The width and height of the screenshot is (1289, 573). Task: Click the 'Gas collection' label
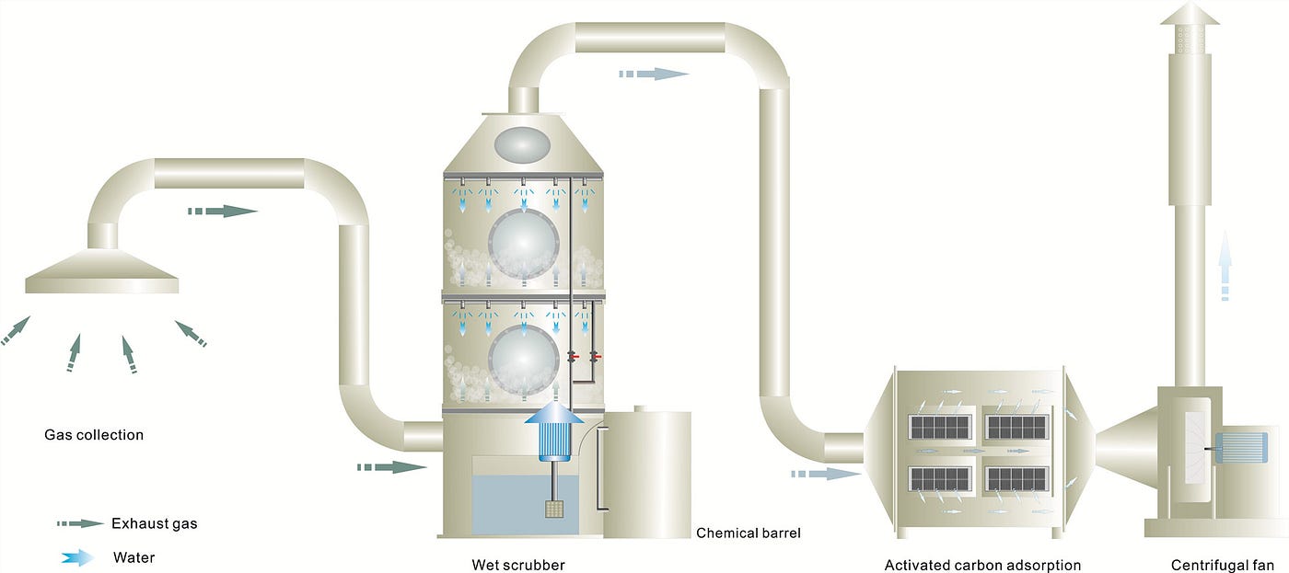point(94,434)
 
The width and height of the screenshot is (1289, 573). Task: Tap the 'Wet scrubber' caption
point(518,565)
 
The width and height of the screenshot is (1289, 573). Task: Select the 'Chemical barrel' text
point(749,533)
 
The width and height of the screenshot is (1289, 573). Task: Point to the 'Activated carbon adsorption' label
point(982,565)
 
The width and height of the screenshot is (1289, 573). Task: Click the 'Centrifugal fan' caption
point(1223,565)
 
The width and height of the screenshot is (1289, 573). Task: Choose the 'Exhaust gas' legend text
point(154,523)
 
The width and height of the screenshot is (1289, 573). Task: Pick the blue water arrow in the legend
point(78,556)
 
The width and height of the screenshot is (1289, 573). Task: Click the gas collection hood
point(102,273)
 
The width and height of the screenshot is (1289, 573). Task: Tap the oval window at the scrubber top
point(521,143)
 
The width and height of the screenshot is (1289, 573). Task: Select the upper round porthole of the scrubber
point(524,244)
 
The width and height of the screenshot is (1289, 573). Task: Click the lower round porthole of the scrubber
point(524,359)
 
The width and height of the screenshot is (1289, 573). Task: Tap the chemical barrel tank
point(648,474)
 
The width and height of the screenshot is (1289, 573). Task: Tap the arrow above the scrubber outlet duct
point(653,74)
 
